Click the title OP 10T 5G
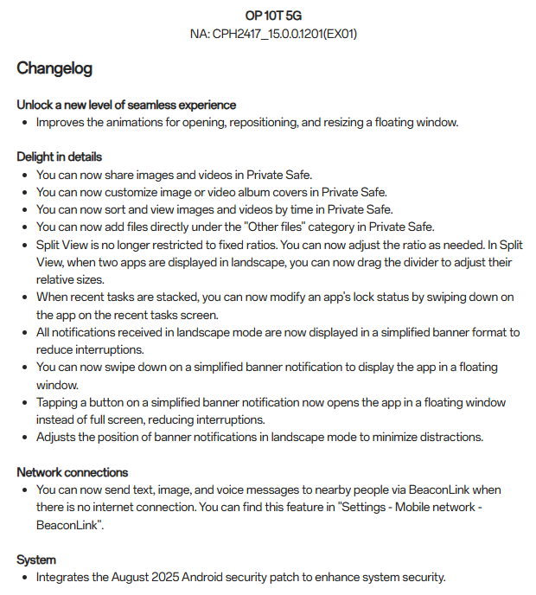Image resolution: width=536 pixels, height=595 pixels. [272, 16]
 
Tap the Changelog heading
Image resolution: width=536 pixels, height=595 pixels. [54, 68]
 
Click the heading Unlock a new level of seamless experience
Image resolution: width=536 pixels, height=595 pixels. [126, 105]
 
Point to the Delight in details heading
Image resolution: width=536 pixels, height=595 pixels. [60, 157]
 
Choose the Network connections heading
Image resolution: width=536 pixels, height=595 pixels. [73, 472]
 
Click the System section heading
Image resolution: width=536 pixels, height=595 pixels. [36, 560]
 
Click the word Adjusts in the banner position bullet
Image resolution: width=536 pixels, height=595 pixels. [56, 437]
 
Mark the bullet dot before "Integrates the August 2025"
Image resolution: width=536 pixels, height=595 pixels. [25, 577]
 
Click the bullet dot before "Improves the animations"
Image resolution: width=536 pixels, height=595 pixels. [25, 122]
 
